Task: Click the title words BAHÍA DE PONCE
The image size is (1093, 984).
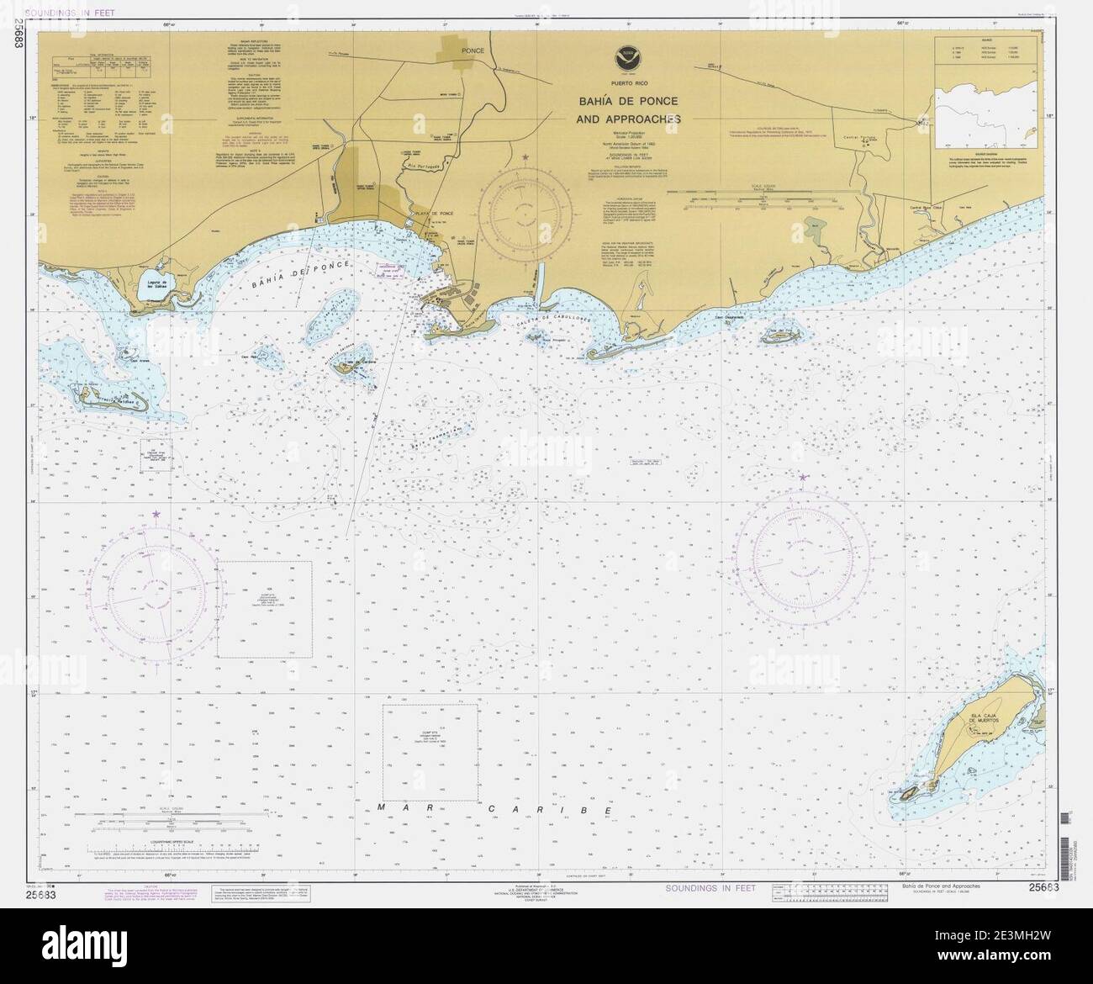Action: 628,102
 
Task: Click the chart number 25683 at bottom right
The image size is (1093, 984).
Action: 1042,887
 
